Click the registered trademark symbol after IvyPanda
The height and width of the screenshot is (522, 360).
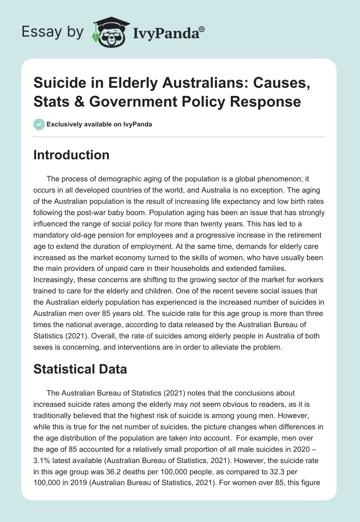(x=202, y=29)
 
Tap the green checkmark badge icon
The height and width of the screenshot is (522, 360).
(x=39, y=124)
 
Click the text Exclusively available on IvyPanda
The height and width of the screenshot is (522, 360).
(x=99, y=124)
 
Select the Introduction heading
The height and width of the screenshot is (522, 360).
(x=72, y=155)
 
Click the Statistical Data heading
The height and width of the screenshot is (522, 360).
(x=80, y=369)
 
